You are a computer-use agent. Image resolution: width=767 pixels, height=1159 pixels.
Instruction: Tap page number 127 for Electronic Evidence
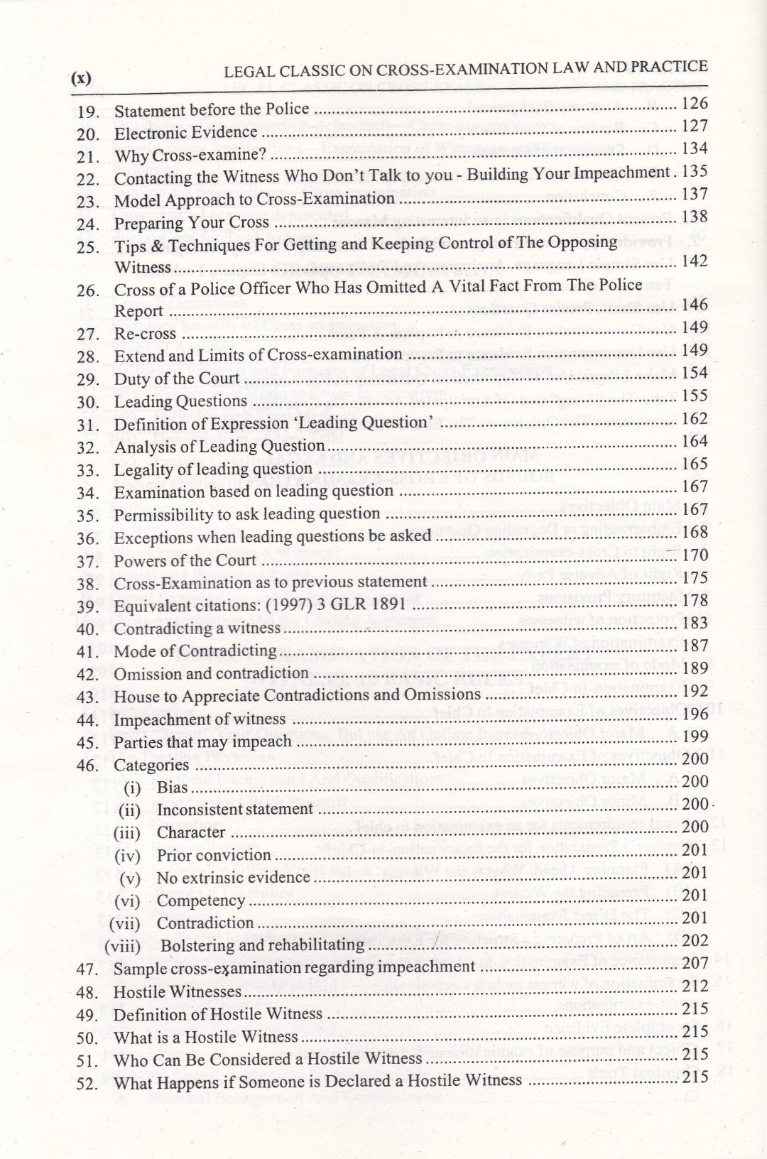(694, 126)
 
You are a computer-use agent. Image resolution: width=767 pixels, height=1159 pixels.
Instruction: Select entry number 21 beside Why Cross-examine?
(88, 156)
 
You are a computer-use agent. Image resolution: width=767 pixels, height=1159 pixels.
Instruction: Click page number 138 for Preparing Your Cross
(694, 217)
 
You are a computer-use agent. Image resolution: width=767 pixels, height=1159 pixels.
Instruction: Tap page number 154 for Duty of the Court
(694, 373)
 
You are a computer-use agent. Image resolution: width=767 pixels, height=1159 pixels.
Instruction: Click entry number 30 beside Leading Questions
(88, 402)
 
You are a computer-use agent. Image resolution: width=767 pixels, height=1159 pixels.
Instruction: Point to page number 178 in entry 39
(694, 600)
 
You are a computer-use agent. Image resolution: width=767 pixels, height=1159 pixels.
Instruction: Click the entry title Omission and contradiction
(211, 673)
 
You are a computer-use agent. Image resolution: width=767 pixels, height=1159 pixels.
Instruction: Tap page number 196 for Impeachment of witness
(694, 713)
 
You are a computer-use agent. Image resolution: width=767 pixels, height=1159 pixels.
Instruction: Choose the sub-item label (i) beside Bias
(132, 788)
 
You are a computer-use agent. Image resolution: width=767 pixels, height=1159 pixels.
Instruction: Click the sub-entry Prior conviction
(214, 855)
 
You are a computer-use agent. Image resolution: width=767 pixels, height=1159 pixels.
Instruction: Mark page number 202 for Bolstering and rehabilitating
(694, 940)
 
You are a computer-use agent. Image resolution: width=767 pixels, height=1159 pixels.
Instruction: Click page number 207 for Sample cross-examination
(694, 963)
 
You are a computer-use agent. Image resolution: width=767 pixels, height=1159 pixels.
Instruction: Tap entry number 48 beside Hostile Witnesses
(88, 992)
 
